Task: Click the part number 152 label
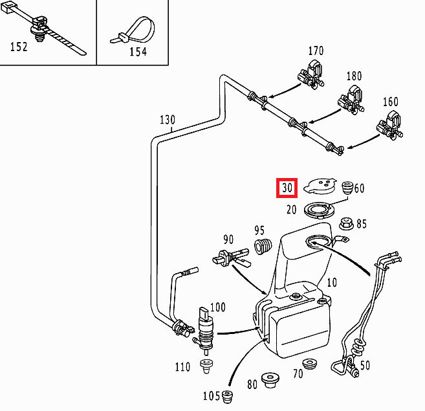[19, 47]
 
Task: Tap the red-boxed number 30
[287, 188]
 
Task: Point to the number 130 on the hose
[167, 120]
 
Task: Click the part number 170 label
[316, 50]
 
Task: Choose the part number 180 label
[354, 76]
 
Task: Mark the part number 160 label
[391, 102]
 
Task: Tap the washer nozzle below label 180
[349, 100]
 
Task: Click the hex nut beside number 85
[345, 224]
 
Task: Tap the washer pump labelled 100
[206, 330]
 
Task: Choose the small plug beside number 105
[227, 395]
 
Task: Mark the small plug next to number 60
[346, 188]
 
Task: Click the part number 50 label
[365, 366]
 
